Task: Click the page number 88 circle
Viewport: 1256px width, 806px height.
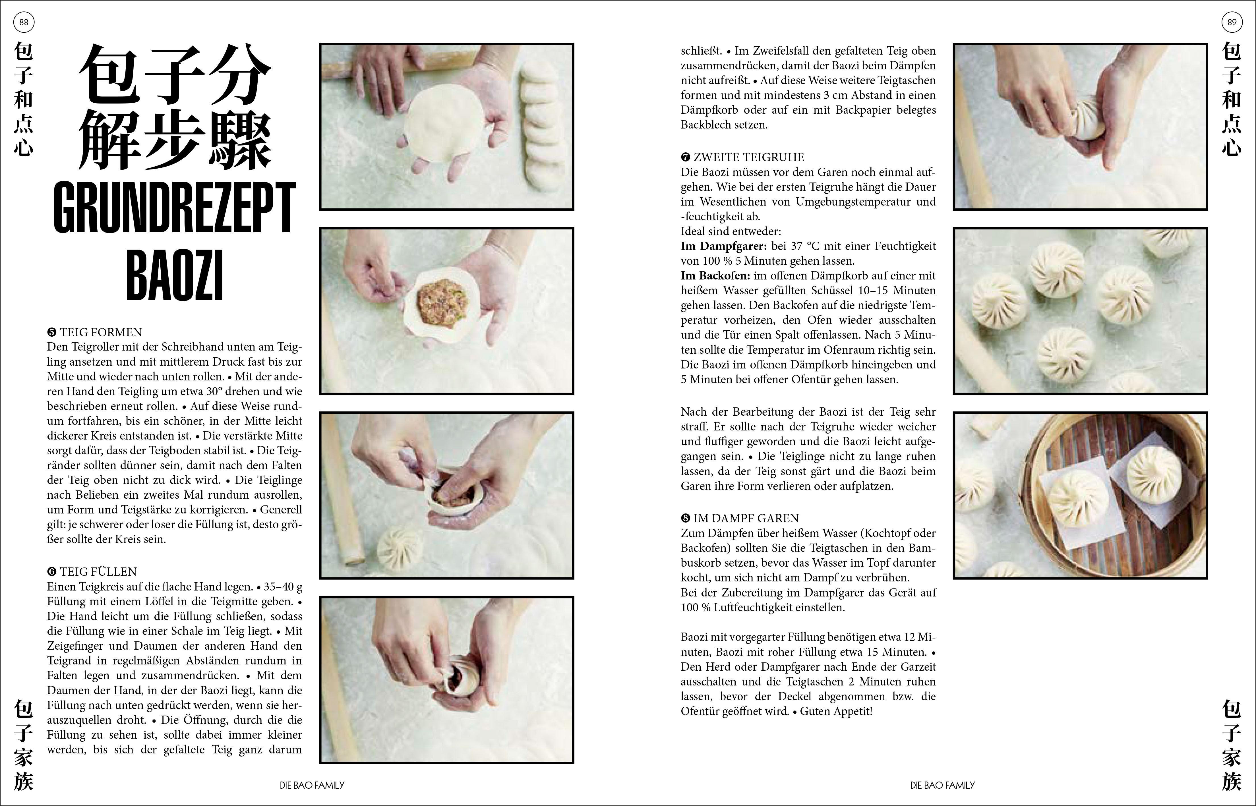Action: pos(24,22)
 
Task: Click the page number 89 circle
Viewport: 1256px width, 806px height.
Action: pos(1232,22)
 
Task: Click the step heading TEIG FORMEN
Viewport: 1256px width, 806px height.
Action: pos(100,332)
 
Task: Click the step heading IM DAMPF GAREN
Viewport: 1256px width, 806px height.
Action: pos(746,518)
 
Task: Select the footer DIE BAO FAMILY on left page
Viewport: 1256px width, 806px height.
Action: pos(312,785)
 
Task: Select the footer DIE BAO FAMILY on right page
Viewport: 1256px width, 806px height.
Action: pos(943,785)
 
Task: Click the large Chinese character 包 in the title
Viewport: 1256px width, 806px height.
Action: pos(111,76)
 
